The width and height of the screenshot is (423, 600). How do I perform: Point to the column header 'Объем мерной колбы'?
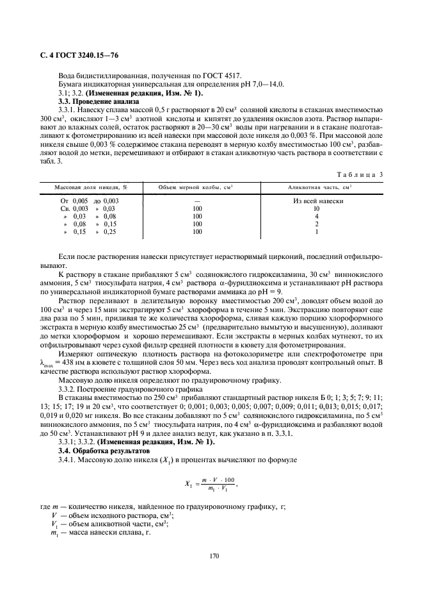(x=196, y=187)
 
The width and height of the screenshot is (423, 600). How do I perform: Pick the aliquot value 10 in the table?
(x=315, y=208)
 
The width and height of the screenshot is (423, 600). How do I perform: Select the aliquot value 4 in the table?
(x=316, y=216)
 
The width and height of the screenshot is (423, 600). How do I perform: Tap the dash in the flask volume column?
(x=196, y=201)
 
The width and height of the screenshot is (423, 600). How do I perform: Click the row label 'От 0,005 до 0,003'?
(x=87, y=201)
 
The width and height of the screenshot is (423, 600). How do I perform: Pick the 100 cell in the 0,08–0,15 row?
(x=196, y=224)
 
